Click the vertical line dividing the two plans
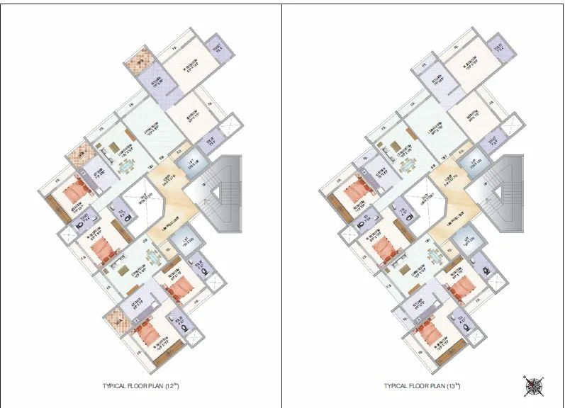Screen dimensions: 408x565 click(282, 204)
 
